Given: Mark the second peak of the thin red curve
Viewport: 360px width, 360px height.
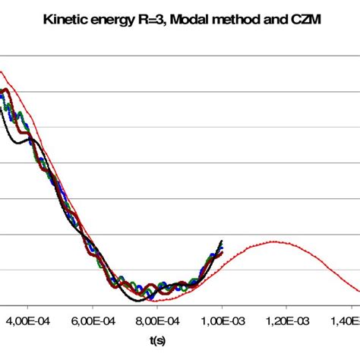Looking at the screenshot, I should pos(273,242).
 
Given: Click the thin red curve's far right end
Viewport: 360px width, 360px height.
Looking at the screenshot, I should pos(358,289).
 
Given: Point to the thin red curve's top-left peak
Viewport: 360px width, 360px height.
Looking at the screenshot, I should pos(3,72).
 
